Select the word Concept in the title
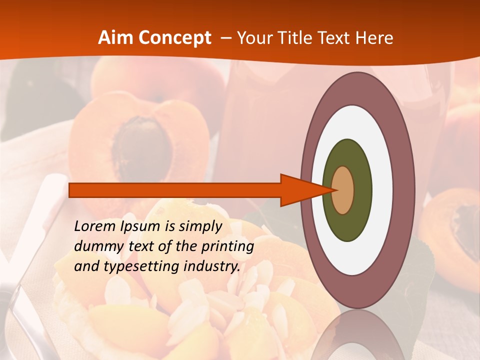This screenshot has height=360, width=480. coord(174,38)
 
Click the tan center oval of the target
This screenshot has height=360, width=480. coord(343,190)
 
